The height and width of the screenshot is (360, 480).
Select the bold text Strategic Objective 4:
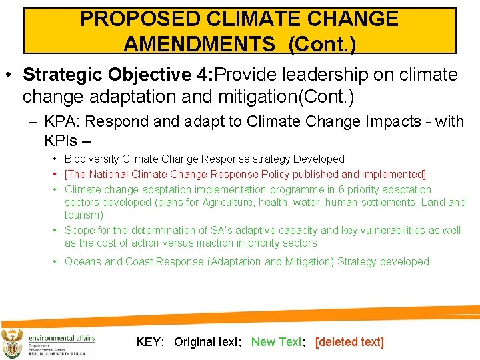click(117, 75)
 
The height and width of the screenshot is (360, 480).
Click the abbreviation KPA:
click(63, 121)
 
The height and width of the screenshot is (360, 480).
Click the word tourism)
click(84, 215)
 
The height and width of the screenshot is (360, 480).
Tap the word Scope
click(79, 230)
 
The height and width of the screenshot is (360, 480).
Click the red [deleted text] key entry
click(349, 342)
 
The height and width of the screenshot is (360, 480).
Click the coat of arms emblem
click(13, 343)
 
